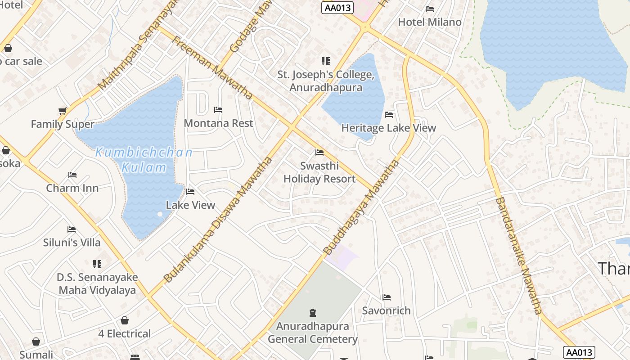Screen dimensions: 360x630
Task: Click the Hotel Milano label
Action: pyautogui.click(x=430, y=22)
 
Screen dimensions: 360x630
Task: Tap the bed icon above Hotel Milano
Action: pyautogui.click(x=430, y=9)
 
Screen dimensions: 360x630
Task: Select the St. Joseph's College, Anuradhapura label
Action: pyautogui.click(x=326, y=81)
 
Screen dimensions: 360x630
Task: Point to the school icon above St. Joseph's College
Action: pyautogui.click(x=325, y=61)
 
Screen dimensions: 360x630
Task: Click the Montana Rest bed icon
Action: pyautogui.click(x=218, y=109)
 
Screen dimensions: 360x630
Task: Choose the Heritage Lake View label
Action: pyautogui.click(x=388, y=128)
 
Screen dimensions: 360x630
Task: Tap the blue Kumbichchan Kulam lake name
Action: pyautogui.click(x=144, y=160)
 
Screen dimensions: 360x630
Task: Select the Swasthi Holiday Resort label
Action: pyautogui.click(x=319, y=172)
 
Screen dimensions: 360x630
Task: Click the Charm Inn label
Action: pyautogui.click(x=72, y=188)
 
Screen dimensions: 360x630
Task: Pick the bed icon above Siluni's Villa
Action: pyautogui.click(x=72, y=229)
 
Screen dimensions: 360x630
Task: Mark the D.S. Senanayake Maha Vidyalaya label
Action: pyautogui.click(x=97, y=283)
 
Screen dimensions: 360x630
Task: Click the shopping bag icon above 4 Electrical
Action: pyautogui.click(x=125, y=320)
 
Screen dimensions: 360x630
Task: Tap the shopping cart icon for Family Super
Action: pyautogui.click(x=63, y=111)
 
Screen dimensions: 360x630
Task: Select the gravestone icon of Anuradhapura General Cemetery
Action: pyautogui.click(x=312, y=312)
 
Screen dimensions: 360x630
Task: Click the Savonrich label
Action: pyautogui.click(x=386, y=310)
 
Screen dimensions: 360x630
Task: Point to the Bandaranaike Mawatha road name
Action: pyautogui.click(x=519, y=255)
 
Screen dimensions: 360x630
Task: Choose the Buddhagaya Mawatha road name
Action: pyautogui.click(x=361, y=207)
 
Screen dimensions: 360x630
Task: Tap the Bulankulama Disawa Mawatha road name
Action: pyautogui.click(x=218, y=220)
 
